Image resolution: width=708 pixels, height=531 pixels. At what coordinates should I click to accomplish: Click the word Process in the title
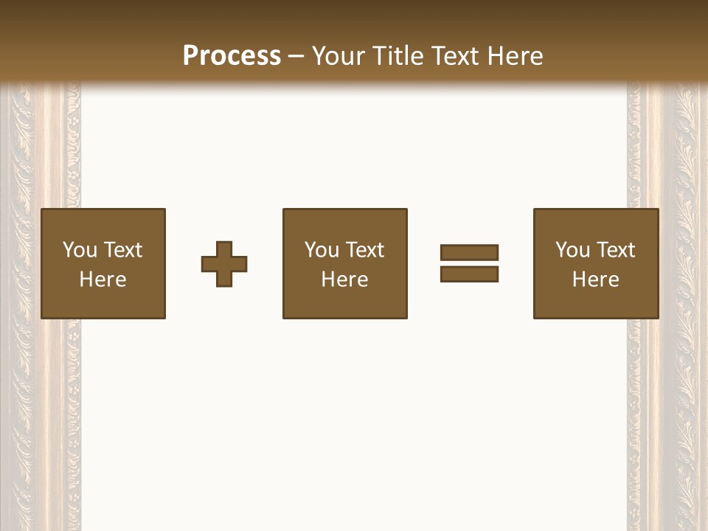232,56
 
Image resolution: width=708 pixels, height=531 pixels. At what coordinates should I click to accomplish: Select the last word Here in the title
514,56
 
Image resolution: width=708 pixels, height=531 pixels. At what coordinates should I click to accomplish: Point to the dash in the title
296,56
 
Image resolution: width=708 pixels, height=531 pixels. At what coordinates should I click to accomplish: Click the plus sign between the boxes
224,264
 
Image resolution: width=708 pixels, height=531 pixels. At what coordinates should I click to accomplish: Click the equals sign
469,263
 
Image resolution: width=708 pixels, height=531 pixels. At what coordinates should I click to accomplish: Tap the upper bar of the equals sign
469,253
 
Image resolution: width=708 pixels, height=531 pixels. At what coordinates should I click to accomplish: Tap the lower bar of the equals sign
469,274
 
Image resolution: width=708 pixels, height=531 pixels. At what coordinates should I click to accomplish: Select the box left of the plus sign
103,263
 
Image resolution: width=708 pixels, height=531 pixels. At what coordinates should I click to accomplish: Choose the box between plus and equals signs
344,263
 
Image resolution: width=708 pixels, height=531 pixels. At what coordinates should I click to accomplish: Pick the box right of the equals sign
596,263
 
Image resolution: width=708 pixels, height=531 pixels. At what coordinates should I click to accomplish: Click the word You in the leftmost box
80,250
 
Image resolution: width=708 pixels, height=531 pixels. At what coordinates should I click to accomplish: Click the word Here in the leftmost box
103,280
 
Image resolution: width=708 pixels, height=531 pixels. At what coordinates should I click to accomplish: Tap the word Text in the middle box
365,250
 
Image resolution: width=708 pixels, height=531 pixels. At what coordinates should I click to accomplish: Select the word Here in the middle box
344,280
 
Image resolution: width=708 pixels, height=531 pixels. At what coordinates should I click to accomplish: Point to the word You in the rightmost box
573,250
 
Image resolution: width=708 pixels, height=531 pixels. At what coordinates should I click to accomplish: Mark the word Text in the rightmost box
616,250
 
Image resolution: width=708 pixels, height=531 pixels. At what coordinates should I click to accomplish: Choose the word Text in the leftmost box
123,250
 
